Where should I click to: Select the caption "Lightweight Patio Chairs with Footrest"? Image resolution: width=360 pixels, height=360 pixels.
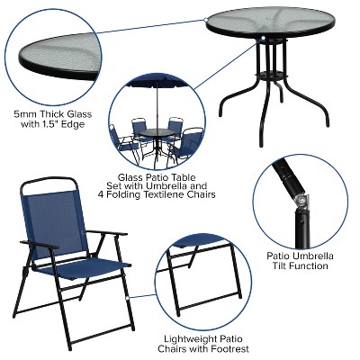202,343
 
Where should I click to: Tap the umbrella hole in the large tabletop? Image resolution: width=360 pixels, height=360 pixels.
262,38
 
